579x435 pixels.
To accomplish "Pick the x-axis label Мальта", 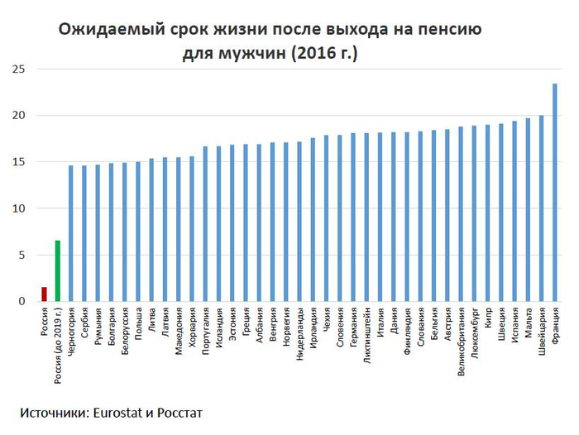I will click(x=528, y=322).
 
